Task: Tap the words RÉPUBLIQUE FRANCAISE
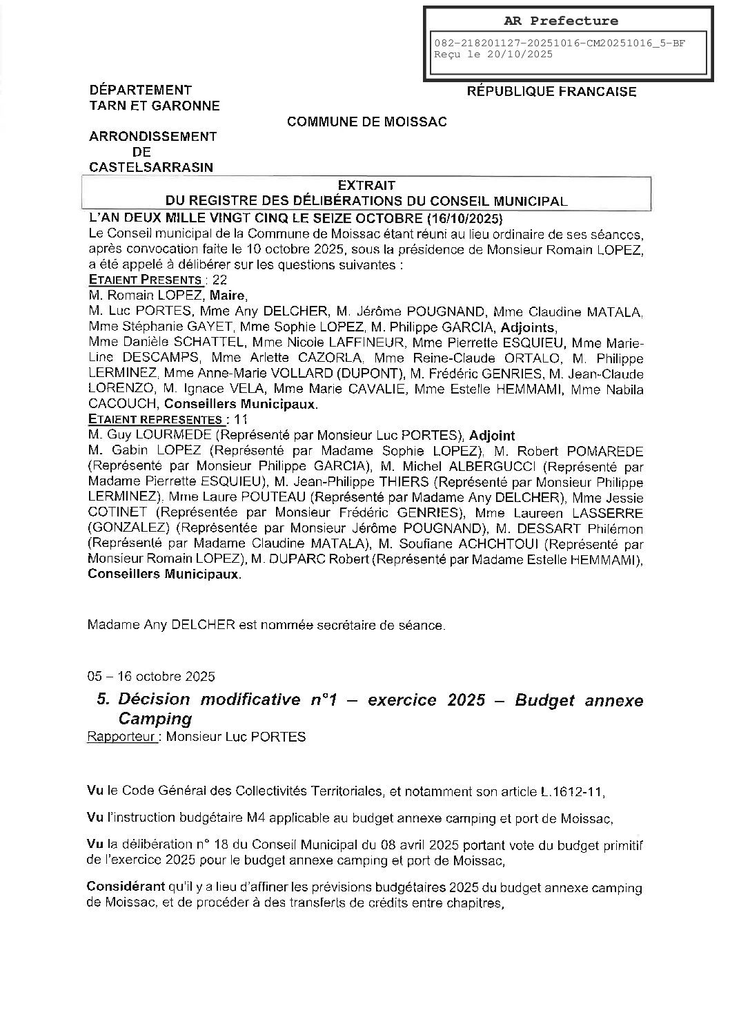click(x=552, y=91)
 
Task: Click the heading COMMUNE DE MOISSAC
click(x=367, y=122)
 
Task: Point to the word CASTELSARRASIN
click(x=151, y=167)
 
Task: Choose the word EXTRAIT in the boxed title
click(x=366, y=185)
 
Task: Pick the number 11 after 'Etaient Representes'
click(x=241, y=419)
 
